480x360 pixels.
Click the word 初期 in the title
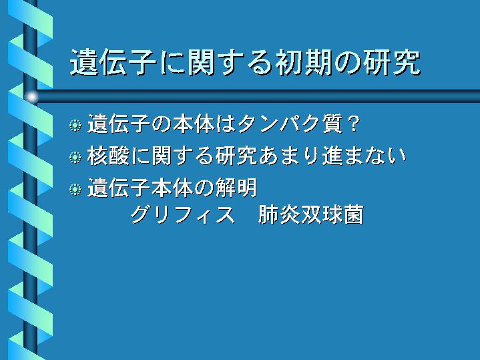[303, 63]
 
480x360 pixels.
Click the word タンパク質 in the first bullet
[290, 124]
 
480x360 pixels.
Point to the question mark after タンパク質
[354, 124]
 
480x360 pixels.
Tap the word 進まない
[364, 156]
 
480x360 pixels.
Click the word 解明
[236, 188]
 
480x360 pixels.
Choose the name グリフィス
[183, 214]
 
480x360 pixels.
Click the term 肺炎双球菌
[311, 214]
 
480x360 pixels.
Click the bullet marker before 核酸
[75, 157]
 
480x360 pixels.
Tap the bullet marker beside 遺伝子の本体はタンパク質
[75, 126]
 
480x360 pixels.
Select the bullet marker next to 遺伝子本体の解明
[75, 189]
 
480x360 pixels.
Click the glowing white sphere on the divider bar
[31, 97]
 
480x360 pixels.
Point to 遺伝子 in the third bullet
[119, 188]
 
